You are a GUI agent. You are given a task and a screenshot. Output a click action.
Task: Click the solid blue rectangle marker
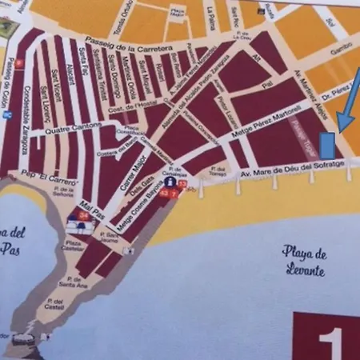[x=327, y=146]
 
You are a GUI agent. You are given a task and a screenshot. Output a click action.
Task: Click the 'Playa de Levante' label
[x=303, y=262]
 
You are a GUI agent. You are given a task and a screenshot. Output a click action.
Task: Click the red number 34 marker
[x=83, y=216]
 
